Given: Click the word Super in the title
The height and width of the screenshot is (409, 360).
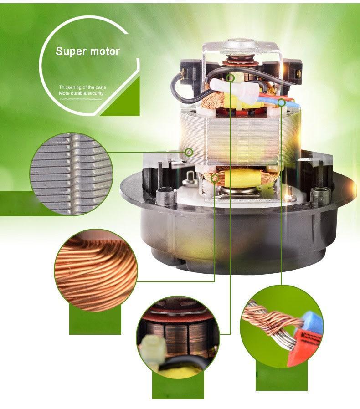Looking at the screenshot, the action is (x=71, y=51).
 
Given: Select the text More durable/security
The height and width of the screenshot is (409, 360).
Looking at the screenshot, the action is (x=81, y=93).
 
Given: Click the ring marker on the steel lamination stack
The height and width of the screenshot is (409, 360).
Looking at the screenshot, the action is (x=189, y=152).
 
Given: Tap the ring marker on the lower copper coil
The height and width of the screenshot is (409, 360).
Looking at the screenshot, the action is (x=215, y=179).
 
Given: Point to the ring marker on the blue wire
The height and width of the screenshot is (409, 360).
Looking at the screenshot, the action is (x=281, y=103).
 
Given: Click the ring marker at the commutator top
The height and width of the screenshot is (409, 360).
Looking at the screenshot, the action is (x=230, y=77).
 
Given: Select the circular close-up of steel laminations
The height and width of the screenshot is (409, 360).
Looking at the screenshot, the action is (x=71, y=174).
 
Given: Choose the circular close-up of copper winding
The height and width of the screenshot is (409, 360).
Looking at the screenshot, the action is (x=96, y=271).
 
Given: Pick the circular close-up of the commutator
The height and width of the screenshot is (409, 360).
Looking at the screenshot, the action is (x=178, y=337).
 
